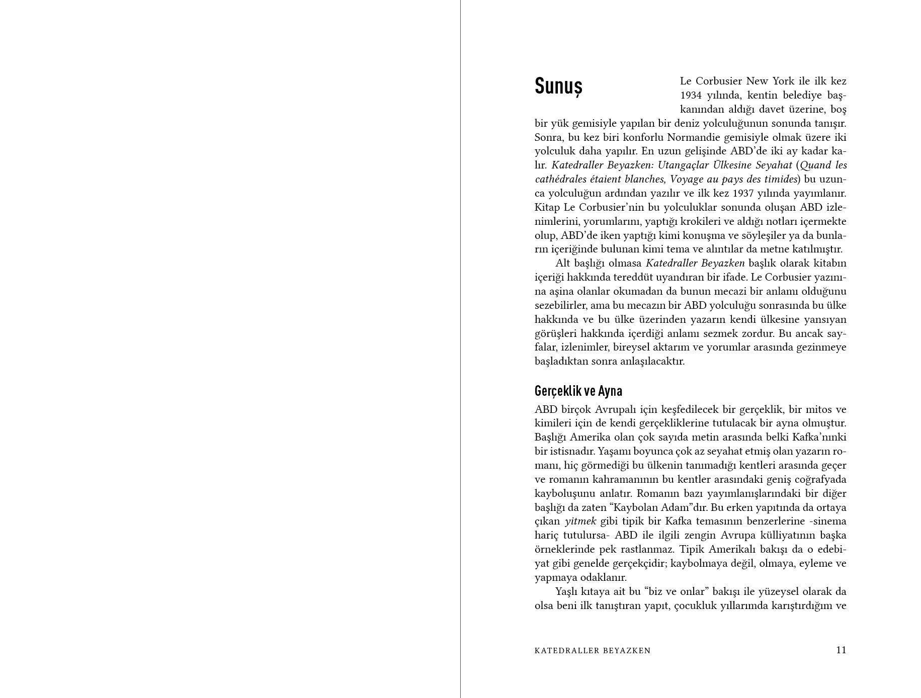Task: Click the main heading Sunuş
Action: [x=558, y=86]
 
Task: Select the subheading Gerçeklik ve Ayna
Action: [x=578, y=391]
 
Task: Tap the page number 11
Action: [x=841, y=650]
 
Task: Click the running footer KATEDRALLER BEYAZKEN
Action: [x=593, y=651]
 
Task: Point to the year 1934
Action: [x=691, y=95]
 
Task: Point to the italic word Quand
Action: [x=816, y=165]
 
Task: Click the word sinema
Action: [x=829, y=521]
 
